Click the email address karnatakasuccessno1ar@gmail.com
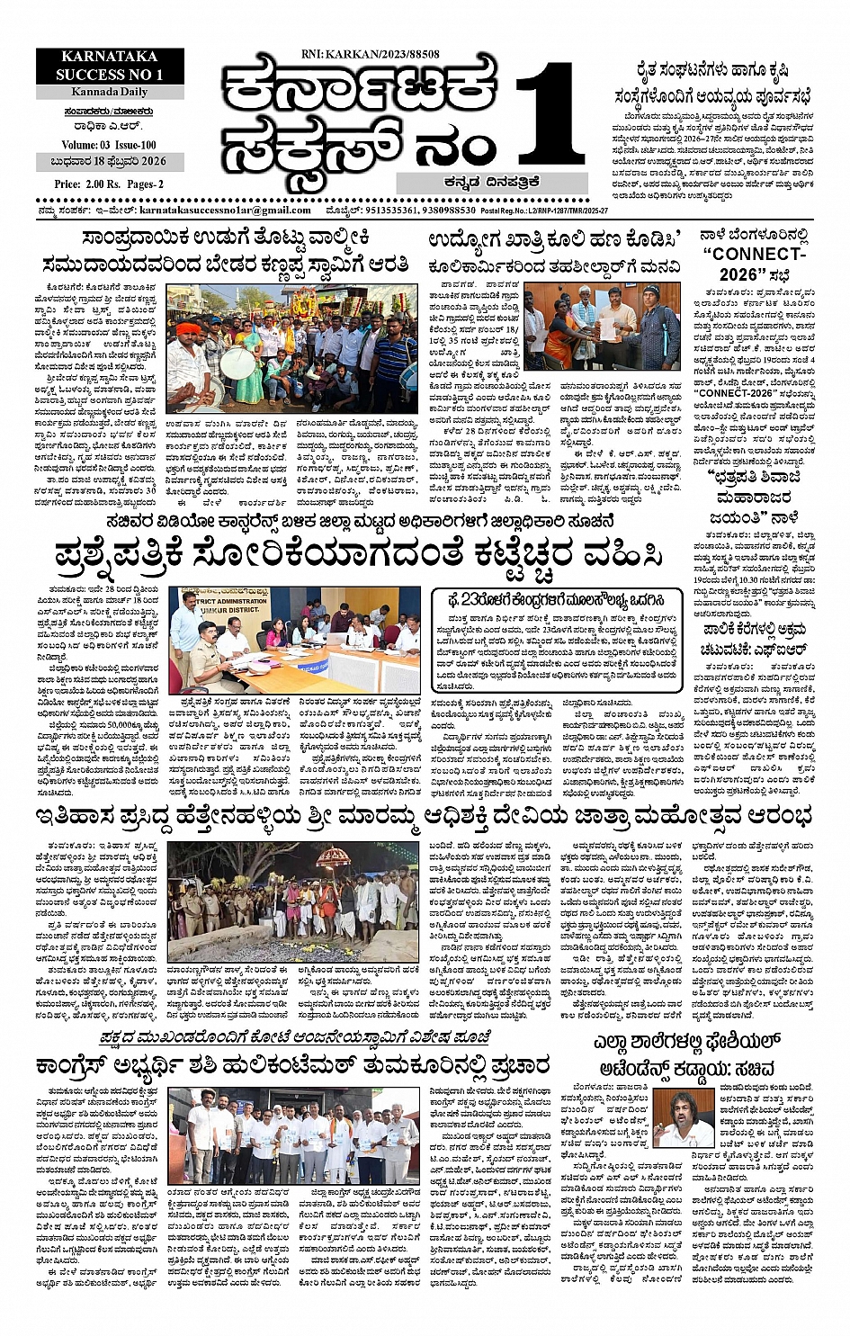225,209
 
